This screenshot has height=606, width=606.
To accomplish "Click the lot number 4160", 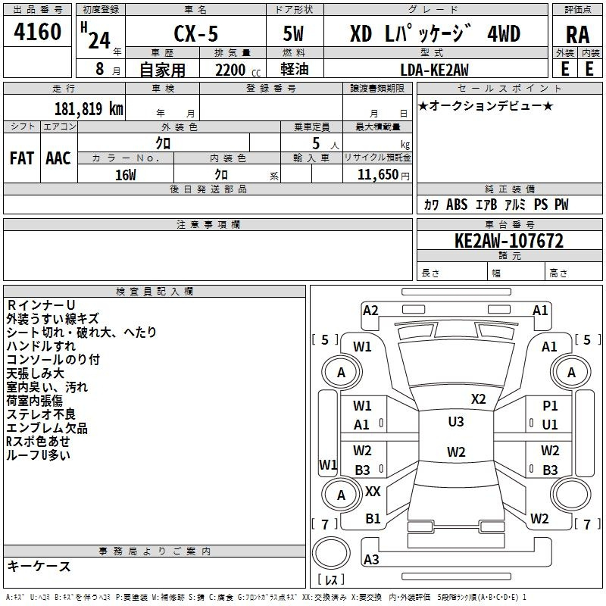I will [37, 33].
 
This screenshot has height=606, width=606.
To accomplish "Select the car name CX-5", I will [194, 33].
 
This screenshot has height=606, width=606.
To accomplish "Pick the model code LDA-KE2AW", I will [434, 70].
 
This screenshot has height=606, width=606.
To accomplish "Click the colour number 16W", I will [125, 174].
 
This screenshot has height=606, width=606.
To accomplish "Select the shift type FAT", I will [22, 158].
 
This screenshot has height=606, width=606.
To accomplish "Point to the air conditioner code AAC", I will [58, 158].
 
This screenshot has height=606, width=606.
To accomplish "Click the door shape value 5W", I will [295, 33].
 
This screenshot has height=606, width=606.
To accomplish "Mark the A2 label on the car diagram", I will [370, 311].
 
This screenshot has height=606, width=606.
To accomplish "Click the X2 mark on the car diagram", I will [478, 399].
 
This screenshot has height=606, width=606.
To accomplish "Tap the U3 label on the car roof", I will [455, 422].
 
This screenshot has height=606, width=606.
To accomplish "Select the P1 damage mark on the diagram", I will [550, 406].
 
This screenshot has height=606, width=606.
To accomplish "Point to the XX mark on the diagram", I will [373, 492].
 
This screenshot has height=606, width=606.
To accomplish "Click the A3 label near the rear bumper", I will [371, 560].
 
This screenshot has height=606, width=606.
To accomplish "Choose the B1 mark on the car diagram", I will [373, 519].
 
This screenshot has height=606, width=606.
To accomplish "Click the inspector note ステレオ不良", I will [41, 414].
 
